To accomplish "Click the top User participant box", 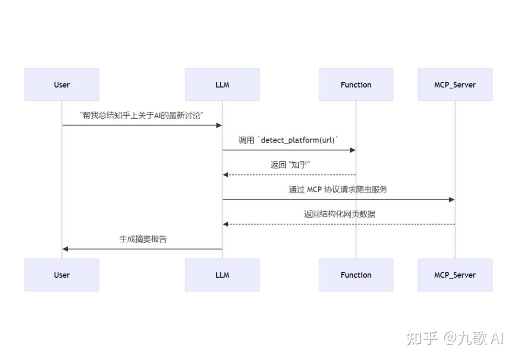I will click(62, 85).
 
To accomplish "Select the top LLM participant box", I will click(222, 85).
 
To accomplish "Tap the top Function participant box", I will click(356, 85).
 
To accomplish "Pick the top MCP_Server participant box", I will click(455, 85).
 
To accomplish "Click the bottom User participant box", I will click(62, 275).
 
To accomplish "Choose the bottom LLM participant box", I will click(222, 275).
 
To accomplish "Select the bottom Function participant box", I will click(356, 275).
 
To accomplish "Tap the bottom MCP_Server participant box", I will click(455, 275).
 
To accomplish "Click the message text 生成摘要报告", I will click(143, 239).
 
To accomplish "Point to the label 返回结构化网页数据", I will click(339, 214).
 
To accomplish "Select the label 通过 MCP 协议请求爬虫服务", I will click(338, 190).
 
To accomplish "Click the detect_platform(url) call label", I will click(289, 140).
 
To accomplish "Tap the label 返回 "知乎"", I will click(290, 165).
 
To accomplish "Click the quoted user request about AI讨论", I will click(142, 115).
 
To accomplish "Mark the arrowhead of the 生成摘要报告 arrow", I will click(65, 249).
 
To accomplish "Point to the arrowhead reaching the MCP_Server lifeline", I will click(451, 200).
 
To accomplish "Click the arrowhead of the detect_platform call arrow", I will click(353, 150).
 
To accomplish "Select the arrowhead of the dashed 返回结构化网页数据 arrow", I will click(225, 224).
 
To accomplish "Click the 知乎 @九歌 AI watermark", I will click(455, 338).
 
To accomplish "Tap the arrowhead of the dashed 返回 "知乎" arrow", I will click(225, 175).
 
